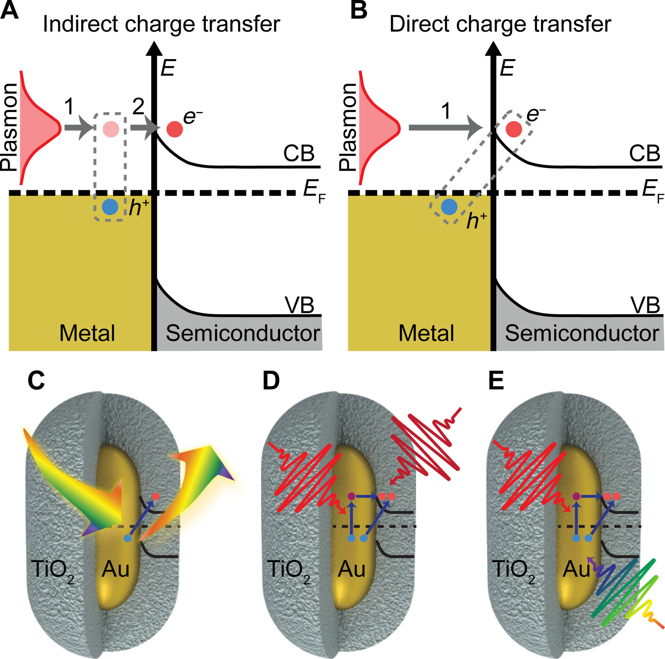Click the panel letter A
point(9,10)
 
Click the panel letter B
point(359,10)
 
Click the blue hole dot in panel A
point(110,207)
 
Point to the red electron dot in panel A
point(175,129)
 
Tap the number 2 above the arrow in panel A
point(138,107)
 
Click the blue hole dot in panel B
point(449,207)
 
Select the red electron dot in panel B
point(514,129)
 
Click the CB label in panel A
point(298,153)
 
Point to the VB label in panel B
point(645,306)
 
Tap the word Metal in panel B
point(426,333)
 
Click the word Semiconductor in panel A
point(243,333)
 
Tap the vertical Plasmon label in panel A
point(9,127)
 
